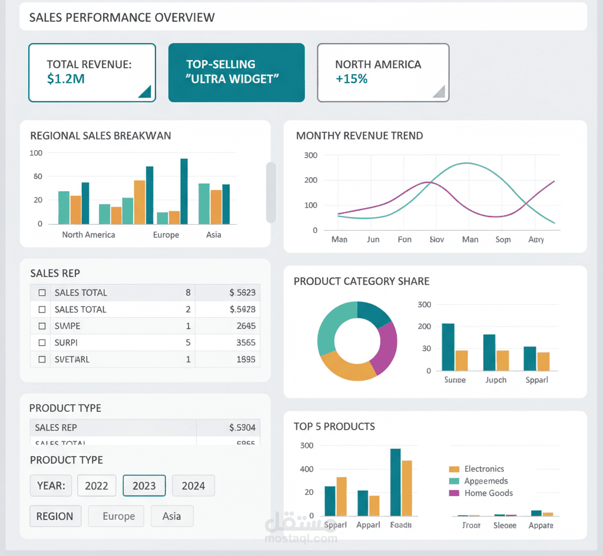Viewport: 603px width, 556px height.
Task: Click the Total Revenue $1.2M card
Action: click(x=92, y=72)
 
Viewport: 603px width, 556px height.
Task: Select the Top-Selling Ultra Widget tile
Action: click(x=236, y=72)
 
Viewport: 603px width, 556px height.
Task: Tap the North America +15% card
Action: click(x=383, y=72)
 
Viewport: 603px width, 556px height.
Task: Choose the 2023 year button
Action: click(x=144, y=485)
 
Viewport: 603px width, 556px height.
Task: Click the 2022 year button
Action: click(x=97, y=485)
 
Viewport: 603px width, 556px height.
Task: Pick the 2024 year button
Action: click(x=193, y=485)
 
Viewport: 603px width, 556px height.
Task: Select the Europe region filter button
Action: click(x=119, y=516)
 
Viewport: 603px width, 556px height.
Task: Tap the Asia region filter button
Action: click(x=172, y=516)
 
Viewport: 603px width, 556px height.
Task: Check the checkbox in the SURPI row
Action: click(x=42, y=342)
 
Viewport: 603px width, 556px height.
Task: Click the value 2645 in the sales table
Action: click(x=246, y=326)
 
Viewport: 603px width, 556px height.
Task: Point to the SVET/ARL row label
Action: click(x=72, y=359)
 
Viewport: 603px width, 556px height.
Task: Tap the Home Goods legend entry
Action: click(x=488, y=493)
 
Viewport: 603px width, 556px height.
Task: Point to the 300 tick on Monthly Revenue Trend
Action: click(x=310, y=155)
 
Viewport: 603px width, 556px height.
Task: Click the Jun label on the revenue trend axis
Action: click(x=373, y=239)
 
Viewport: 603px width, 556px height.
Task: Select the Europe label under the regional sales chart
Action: click(x=166, y=235)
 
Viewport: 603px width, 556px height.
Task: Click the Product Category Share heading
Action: click(x=362, y=281)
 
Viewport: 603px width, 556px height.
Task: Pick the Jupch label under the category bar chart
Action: click(x=496, y=379)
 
